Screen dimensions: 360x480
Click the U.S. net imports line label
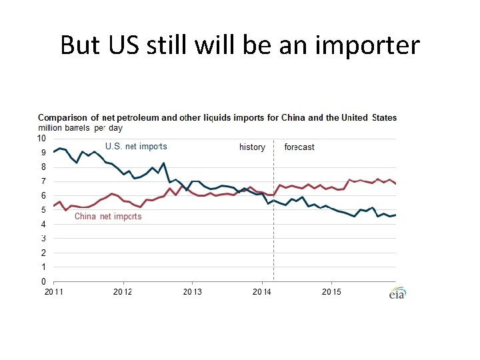tap(136, 146)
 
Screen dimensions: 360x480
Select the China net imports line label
tap(108, 216)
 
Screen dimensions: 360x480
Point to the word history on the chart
tap(252, 147)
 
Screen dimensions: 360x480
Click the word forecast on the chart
tap(299, 147)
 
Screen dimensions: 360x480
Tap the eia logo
tap(398, 293)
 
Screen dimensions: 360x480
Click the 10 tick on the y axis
tap(41, 139)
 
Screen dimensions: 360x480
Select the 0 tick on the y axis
tap(43, 281)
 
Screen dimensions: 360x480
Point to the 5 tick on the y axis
tap(43, 210)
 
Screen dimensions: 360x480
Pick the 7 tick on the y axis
tap(43, 181)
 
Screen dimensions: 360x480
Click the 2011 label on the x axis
tap(54, 292)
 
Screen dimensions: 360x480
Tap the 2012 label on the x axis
tap(123, 292)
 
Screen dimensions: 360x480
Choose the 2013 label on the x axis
tap(193, 292)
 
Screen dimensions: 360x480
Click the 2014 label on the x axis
tap(262, 292)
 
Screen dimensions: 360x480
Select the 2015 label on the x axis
tap(331, 292)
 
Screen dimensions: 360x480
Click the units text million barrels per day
tap(80, 128)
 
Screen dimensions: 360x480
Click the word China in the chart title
tap(293, 118)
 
